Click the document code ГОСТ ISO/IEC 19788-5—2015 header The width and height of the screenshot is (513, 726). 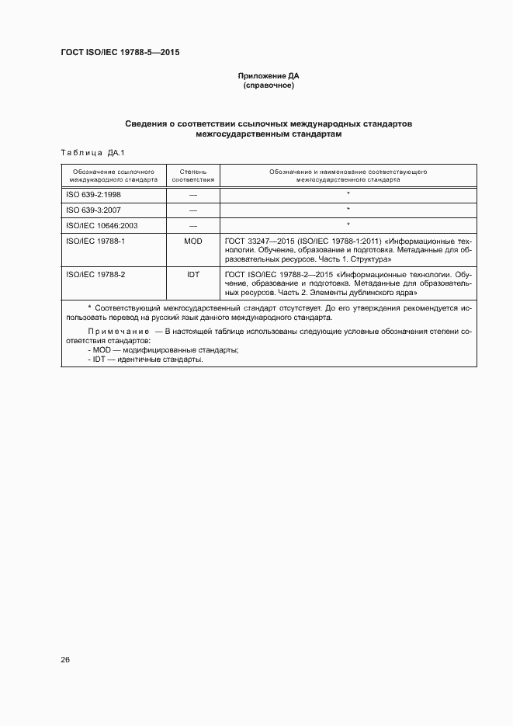click(x=120, y=53)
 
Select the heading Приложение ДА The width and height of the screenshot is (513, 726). click(x=269, y=76)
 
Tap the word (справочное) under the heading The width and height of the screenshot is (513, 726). click(x=269, y=85)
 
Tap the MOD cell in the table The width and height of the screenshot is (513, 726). click(x=192, y=241)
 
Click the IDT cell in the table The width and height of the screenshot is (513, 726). click(x=192, y=275)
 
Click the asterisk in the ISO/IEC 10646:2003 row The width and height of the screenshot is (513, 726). click(x=348, y=225)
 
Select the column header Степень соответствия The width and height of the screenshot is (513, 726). click(x=192, y=175)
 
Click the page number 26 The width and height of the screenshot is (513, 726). click(x=66, y=659)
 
